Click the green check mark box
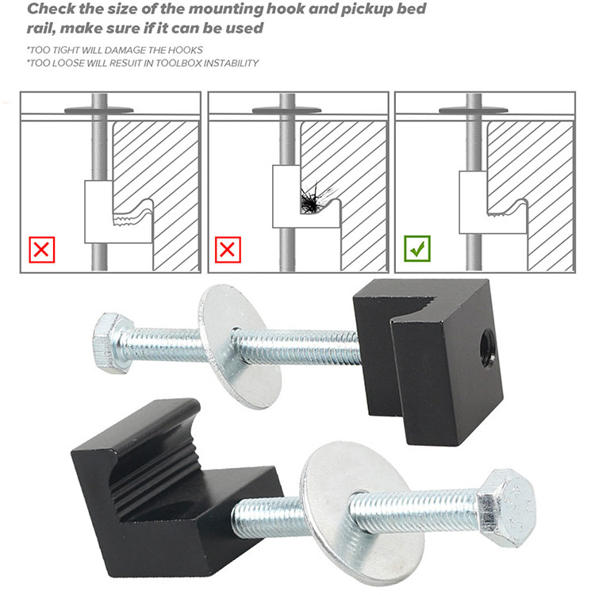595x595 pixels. (x=417, y=248)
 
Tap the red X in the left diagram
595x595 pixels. (x=42, y=250)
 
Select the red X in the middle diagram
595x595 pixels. (x=228, y=250)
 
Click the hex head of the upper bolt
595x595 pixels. (x=113, y=343)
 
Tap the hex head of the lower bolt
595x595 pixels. (x=508, y=508)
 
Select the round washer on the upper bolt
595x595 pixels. (x=240, y=347)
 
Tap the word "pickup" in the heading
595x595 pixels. (x=367, y=10)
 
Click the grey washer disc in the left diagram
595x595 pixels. (x=99, y=110)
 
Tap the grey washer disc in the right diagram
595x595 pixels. (x=474, y=110)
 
